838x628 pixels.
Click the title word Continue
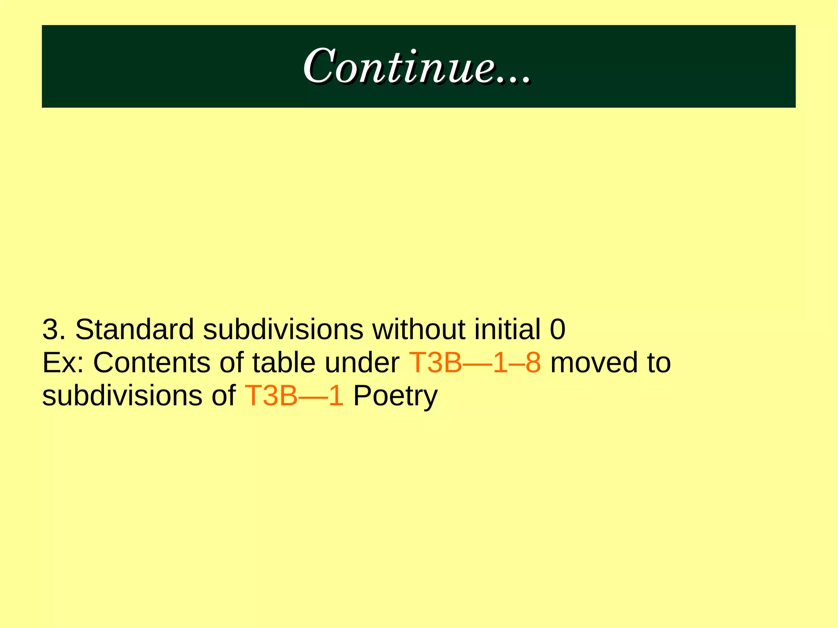[399, 66]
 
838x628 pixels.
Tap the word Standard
[134, 329]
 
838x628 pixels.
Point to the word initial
[507, 329]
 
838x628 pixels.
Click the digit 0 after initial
[557, 329]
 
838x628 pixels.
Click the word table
[284, 363]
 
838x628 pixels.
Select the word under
[362, 363]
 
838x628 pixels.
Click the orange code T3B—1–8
[475, 363]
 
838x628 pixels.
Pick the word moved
[594, 363]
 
